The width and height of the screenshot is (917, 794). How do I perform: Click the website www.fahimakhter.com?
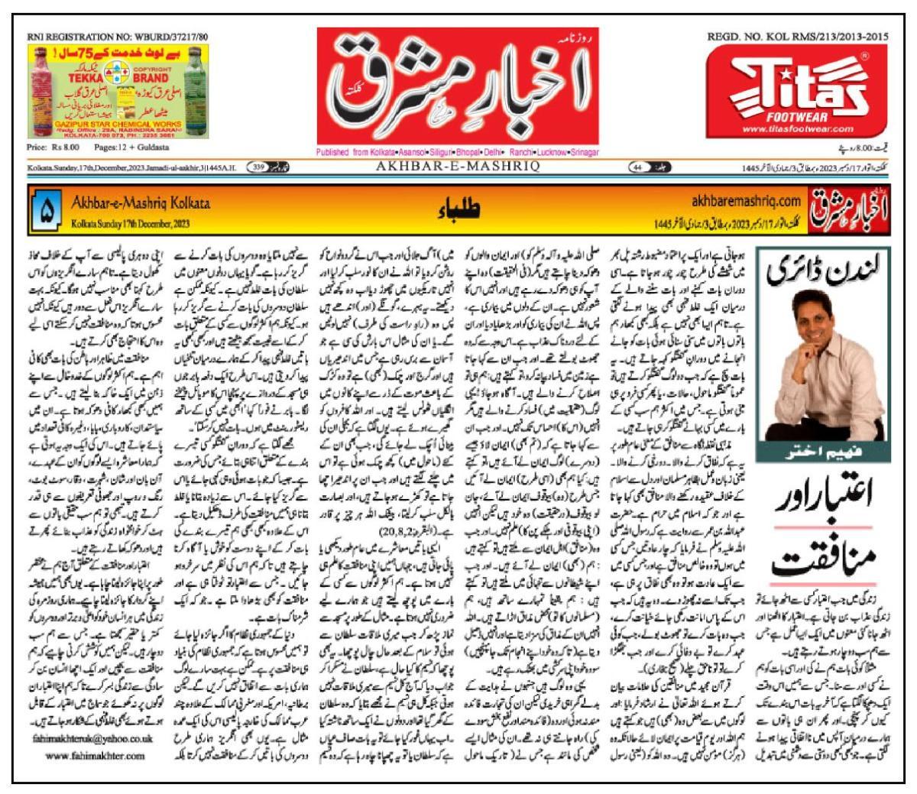[95, 756]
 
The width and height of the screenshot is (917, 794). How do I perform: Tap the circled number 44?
[636, 166]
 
